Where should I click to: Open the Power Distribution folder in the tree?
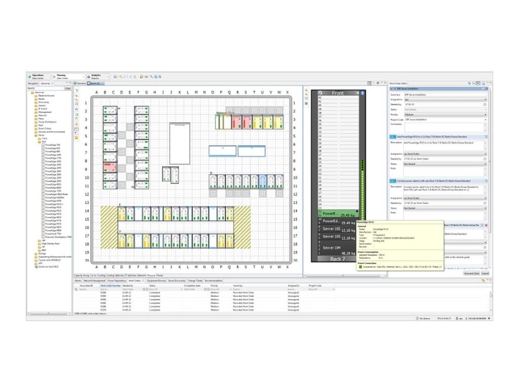pyautogui.click(x=48, y=122)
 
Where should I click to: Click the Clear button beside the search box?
pyautogui.click(x=68, y=88)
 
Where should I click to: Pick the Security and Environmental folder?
pyautogui.click(x=51, y=132)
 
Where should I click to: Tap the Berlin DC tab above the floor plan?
pyautogui.click(x=96, y=83)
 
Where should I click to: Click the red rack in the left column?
pyautogui.click(x=110, y=168)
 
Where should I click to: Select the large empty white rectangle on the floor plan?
pyautogui.click(x=179, y=143)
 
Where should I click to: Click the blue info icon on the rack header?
pyautogui.click(x=362, y=93)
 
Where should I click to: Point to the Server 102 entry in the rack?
pyautogui.click(x=331, y=230)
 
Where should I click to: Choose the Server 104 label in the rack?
pyautogui.click(x=331, y=247)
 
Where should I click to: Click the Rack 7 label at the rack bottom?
pyautogui.click(x=337, y=259)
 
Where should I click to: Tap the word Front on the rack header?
pyautogui.click(x=337, y=93)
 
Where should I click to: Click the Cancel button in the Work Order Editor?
pyautogui.click(x=485, y=273)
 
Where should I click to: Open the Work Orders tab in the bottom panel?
pyautogui.click(x=135, y=280)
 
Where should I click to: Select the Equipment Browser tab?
pyautogui.click(x=156, y=280)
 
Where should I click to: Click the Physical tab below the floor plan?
pyautogui.click(x=151, y=275)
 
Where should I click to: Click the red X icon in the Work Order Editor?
pyautogui.click(x=487, y=225)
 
